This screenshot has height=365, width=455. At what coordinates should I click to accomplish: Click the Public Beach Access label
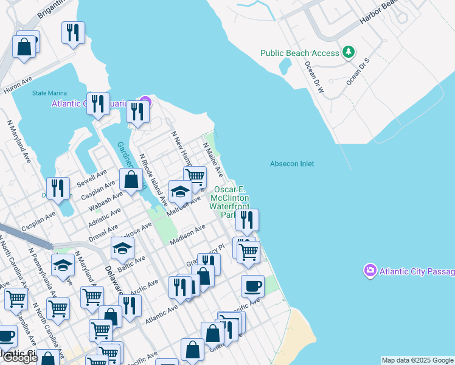pos(299,53)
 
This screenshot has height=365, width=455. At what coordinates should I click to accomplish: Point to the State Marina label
pos(47,93)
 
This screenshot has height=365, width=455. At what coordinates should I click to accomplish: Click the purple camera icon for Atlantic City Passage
pos(369,269)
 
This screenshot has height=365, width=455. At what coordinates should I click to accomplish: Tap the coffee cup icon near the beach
pos(252,285)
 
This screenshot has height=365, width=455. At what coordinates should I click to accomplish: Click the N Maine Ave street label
pos(213,159)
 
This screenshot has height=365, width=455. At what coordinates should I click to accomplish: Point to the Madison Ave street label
pos(188,234)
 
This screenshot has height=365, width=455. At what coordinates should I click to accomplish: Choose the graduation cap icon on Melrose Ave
pos(180,192)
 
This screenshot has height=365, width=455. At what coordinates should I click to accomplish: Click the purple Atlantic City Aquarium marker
pos(145,102)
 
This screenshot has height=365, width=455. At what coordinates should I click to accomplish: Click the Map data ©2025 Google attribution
pos(417,360)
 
